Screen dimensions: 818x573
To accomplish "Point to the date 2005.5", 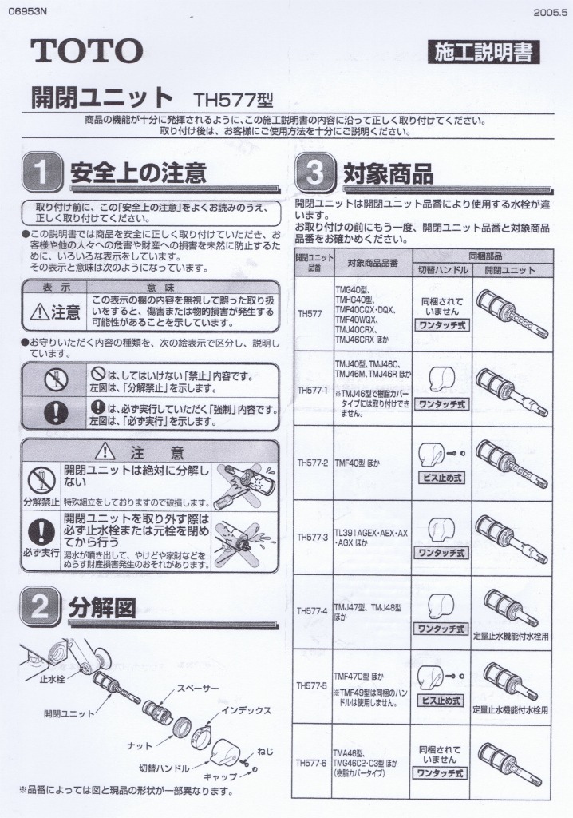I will (549, 12).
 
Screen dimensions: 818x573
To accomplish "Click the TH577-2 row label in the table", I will (313, 463).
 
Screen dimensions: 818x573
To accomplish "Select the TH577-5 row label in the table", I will (313, 685).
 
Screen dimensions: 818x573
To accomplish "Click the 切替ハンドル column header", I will (441, 270).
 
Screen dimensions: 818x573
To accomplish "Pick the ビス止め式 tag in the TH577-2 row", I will (441, 478).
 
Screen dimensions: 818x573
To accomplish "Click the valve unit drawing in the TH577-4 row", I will (511, 607).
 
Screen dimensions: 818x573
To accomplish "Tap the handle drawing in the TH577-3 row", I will (440, 528).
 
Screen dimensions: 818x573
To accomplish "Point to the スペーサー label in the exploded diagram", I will (198, 688).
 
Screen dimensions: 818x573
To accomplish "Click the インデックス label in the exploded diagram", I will (247, 710).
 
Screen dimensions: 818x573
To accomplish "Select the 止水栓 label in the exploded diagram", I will (53, 679).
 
